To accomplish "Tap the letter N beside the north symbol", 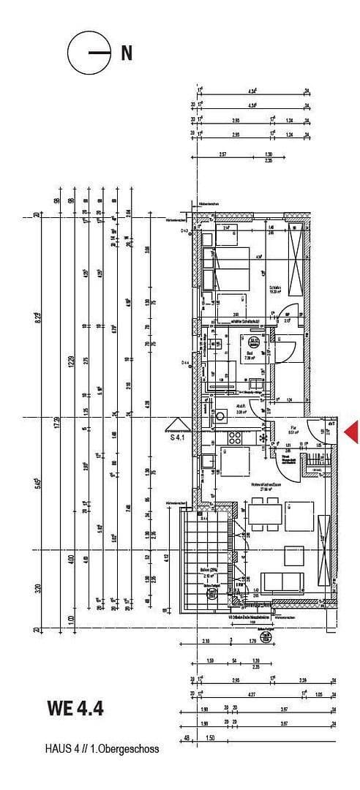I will pos(127,53).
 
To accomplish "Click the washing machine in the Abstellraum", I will pos(220,417).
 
